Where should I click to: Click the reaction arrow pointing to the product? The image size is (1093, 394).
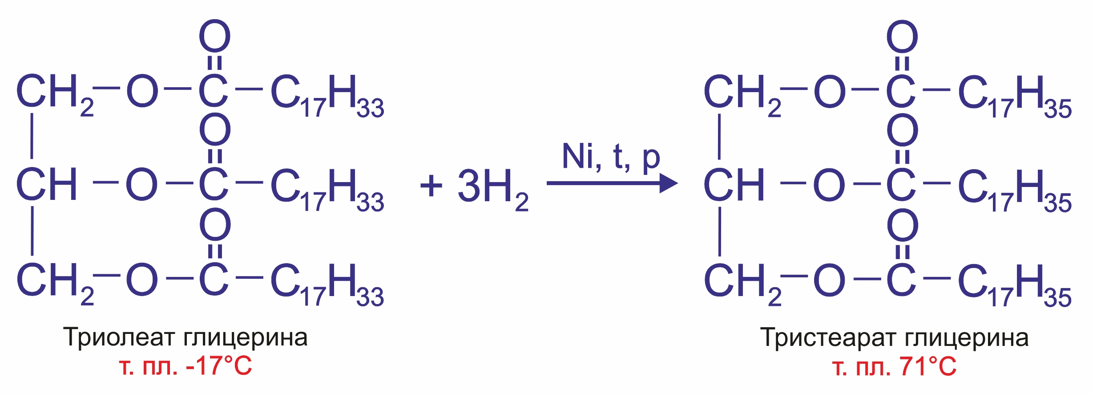coord(612,183)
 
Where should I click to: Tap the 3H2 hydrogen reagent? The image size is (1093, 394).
coord(492,187)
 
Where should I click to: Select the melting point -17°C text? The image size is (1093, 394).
coord(218,366)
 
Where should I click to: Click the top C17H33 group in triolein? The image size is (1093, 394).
coord(327,96)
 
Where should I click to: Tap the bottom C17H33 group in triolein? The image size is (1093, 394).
coord(327,284)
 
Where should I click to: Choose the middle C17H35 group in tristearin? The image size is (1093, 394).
coord(1014,190)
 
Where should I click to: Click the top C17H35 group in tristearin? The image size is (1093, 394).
coord(1014,96)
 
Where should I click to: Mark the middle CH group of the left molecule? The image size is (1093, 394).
coord(47,184)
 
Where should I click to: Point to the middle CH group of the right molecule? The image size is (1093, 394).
coord(734,184)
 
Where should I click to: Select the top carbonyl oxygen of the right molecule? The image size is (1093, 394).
coord(902,37)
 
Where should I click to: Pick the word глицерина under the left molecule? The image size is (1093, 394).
coord(245,338)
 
